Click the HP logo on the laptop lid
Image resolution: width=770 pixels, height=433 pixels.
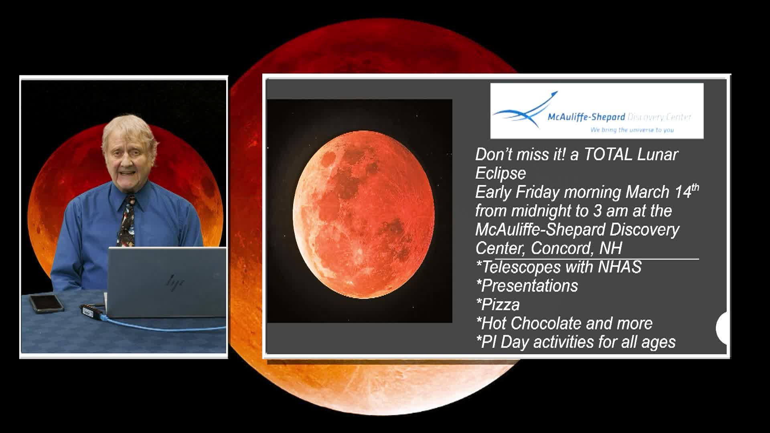click(x=175, y=281)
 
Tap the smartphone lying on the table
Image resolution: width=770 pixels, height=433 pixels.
click(x=46, y=303)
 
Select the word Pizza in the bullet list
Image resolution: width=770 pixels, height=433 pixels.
click(x=500, y=305)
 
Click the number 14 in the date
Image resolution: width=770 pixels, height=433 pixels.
click(x=683, y=192)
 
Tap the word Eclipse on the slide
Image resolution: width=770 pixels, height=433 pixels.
click(x=500, y=174)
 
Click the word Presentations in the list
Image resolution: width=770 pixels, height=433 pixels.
click(x=529, y=286)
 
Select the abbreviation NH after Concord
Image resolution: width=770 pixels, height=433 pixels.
click(x=610, y=249)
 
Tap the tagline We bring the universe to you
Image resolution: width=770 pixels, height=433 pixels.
click(x=632, y=130)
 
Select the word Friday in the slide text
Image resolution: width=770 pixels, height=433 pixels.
click(x=537, y=192)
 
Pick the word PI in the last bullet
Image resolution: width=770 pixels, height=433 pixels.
click(x=489, y=342)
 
